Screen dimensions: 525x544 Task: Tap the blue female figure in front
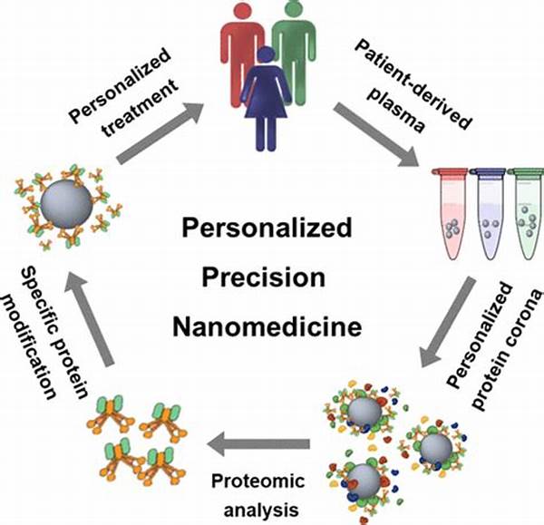(268, 100)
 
